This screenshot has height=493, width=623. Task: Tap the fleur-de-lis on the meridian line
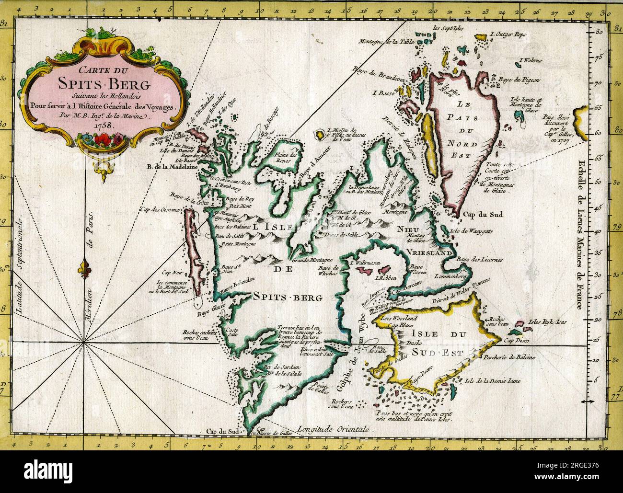coord(86,264)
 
